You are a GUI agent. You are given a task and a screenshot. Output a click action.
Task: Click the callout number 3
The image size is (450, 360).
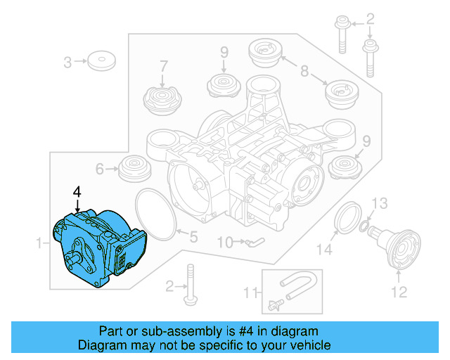click(x=68, y=62)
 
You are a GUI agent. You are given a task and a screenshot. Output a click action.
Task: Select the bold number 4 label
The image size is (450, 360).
click(x=77, y=191)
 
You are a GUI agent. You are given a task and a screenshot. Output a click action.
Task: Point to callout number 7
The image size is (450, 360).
click(x=164, y=66)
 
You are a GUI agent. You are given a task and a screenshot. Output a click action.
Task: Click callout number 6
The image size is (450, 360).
click(x=100, y=169)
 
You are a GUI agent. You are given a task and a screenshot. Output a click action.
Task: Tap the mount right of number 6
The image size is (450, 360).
click(x=131, y=169)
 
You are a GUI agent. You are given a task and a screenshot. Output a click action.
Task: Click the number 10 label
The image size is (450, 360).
click(x=224, y=243)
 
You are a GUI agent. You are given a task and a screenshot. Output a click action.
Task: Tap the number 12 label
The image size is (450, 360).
click(x=399, y=292)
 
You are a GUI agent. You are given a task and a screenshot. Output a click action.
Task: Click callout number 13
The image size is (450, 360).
click(x=379, y=204)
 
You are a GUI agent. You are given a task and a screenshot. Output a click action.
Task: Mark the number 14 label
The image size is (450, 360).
click(x=323, y=248)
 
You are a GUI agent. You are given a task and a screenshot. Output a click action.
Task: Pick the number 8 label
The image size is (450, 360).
click(x=304, y=70)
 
